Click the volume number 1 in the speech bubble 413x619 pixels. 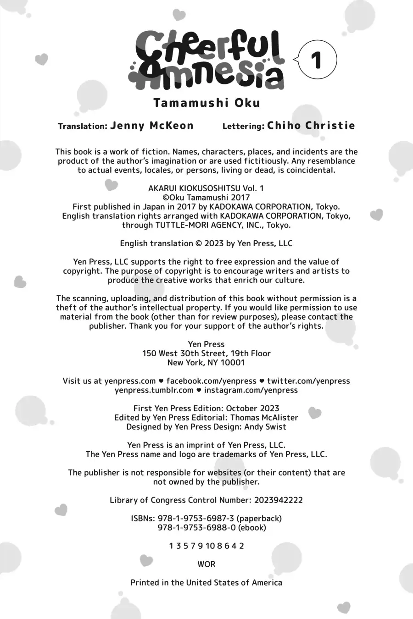click(317, 60)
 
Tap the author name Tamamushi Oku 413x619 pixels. click(206, 103)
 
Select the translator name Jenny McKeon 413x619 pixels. click(152, 126)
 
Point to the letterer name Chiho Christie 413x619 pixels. click(311, 126)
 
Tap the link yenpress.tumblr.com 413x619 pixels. click(154, 390)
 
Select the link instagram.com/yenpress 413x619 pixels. click(251, 390)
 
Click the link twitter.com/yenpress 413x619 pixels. click(308, 381)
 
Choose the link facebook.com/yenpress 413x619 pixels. click(211, 381)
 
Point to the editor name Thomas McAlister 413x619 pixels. click(264, 418)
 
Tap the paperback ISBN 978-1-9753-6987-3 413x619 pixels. click(196, 519)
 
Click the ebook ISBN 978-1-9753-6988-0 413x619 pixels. click(196, 528)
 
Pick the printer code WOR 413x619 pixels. click(206, 564)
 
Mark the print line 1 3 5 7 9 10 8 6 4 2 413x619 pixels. click(206, 546)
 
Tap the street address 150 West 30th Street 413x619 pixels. click(184, 354)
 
